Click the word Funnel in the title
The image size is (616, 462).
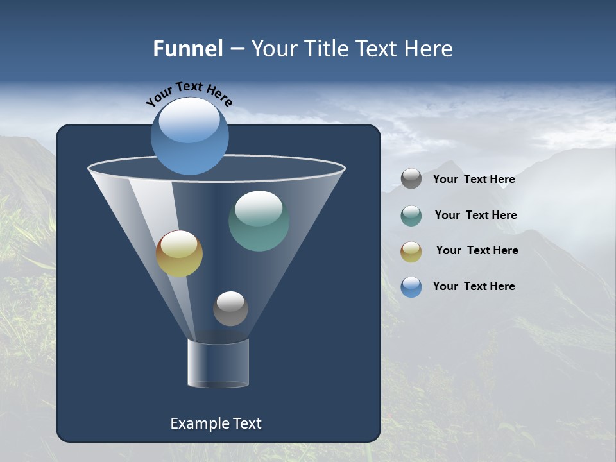pyautogui.click(x=187, y=48)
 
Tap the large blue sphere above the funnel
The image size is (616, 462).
pyautogui.click(x=190, y=136)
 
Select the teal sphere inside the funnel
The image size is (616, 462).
pyautogui.click(x=259, y=221)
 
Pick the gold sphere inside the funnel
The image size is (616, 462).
pyautogui.click(x=179, y=254)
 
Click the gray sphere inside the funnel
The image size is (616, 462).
pyautogui.click(x=230, y=309)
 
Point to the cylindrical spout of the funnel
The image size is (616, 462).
pyautogui.click(x=218, y=363)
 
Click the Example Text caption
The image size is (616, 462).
pyautogui.click(x=216, y=424)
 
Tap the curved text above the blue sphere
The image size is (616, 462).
pyautogui.click(x=189, y=94)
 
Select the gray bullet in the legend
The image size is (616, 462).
pyautogui.click(x=411, y=179)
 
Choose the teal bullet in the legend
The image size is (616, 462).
pyautogui.click(x=411, y=216)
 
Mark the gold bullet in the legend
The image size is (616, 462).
pyautogui.click(x=411, y=252)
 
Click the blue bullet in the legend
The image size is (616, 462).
pyautogui.click(x=411, y=287)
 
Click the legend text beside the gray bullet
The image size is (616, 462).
pyautogui.click(x=474, y=180)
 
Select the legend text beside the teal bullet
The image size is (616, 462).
pyautogui.click(x=475, y=216)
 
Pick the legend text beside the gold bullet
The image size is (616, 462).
pyautogui.click(x=477, y=251)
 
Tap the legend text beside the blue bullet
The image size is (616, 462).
pyautogui.click(x=474, y=286)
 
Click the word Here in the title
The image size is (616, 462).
pyautogui.click(x=429, y=48)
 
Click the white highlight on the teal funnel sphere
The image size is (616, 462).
pyautogui.click(x=259, y=209)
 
